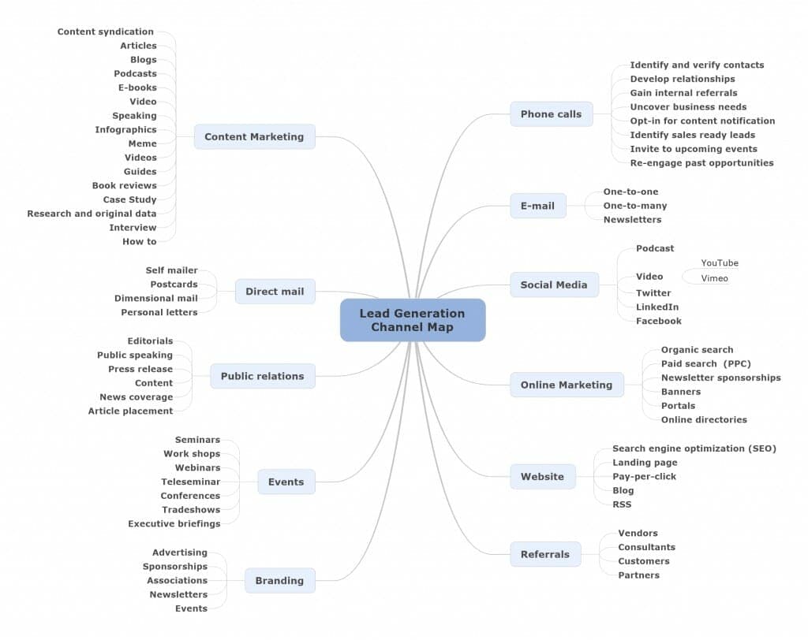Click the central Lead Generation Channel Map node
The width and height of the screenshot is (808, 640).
(x=412, y=320)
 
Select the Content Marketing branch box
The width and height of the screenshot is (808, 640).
(x=254, y=137)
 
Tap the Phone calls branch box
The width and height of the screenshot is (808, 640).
(x=551, y=114)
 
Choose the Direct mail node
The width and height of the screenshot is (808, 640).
(x=275, y=292)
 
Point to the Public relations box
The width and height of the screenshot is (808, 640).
(x=262, y=377)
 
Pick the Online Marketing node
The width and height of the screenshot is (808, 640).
(x=566, y=385)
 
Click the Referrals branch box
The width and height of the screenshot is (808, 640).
(x=544, y=555)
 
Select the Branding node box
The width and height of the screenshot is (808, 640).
(x=279, y=581)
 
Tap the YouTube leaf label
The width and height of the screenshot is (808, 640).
(x=720, y=263)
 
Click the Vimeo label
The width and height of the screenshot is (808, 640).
(x=714, y=279)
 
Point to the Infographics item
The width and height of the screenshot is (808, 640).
(x=125, y=130)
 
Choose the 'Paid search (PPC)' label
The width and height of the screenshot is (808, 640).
(x=705, y=364)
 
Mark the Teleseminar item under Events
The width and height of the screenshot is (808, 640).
(x=190, y=482)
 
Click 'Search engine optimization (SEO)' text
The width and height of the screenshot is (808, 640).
(x=694, y=448)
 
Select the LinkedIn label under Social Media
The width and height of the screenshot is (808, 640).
(x=657, y=307)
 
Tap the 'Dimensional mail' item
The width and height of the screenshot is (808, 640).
(x=155, y=299)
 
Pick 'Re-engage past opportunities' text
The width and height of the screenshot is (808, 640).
(x=701, y=163)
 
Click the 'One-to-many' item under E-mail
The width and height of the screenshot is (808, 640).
(x=634, y=206)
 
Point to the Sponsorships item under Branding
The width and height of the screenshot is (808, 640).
(x=174, y=567)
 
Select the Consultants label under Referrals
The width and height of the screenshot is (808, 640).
(x=646, y=548)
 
